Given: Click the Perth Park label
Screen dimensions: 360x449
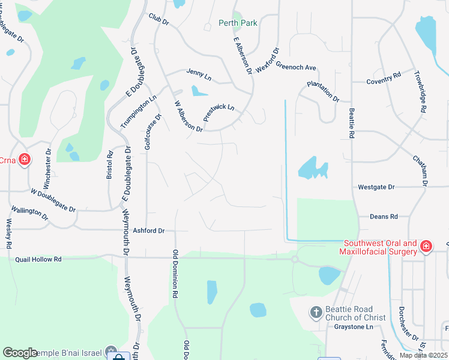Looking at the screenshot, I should (x=238, y=23).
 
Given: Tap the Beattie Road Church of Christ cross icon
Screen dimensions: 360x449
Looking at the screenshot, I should (x=316, y=312).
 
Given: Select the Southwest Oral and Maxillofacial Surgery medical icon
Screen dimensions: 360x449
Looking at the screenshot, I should (x=426, y=246).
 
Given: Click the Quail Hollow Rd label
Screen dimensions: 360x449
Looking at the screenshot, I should (x=38, y=259).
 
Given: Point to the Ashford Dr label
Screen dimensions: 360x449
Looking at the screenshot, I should (x=148, y=230).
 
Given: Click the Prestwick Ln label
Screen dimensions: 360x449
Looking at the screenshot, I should (x=218, y=113).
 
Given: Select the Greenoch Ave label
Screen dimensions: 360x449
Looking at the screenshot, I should (x=296, y=67).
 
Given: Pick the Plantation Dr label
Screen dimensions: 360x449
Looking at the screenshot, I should (x=323, y=91).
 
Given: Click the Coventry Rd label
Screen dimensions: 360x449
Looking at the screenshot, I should (x=384, y=79).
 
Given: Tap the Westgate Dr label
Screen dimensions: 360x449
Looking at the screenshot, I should (x=376, y=187).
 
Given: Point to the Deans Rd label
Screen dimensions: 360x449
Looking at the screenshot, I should (x=384, y=216).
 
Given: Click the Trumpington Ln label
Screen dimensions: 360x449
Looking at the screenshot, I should (x=138, y=110).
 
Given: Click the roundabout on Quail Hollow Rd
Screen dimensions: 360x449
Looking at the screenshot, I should (x=295, y=259).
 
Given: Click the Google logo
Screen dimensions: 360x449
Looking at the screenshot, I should (x=20, y=353).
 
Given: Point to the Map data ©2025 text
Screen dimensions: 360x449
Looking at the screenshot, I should (x=423, y=355).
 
